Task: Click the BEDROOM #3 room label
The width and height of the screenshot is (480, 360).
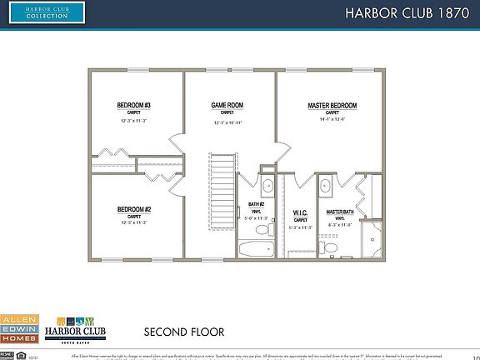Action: coord(133,105)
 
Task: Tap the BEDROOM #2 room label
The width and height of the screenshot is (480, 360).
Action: coord(133,209)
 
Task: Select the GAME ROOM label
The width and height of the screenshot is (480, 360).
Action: coord(227,105)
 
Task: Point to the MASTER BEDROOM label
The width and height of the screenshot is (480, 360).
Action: coord(332,105)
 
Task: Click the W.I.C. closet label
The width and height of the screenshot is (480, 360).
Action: coord(299,212)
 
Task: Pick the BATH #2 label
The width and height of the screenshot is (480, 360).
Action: coord(257,204)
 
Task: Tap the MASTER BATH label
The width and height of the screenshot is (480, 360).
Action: coord(339,212)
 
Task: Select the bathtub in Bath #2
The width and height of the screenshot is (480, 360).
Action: coord(252,247)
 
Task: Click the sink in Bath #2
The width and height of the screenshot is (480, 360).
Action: coord(267,186)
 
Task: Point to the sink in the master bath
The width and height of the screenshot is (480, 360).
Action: coord(326,186)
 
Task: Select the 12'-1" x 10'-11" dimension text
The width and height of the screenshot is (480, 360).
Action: coord(227,122)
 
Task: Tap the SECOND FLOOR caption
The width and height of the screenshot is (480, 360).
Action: coord(183,331)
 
